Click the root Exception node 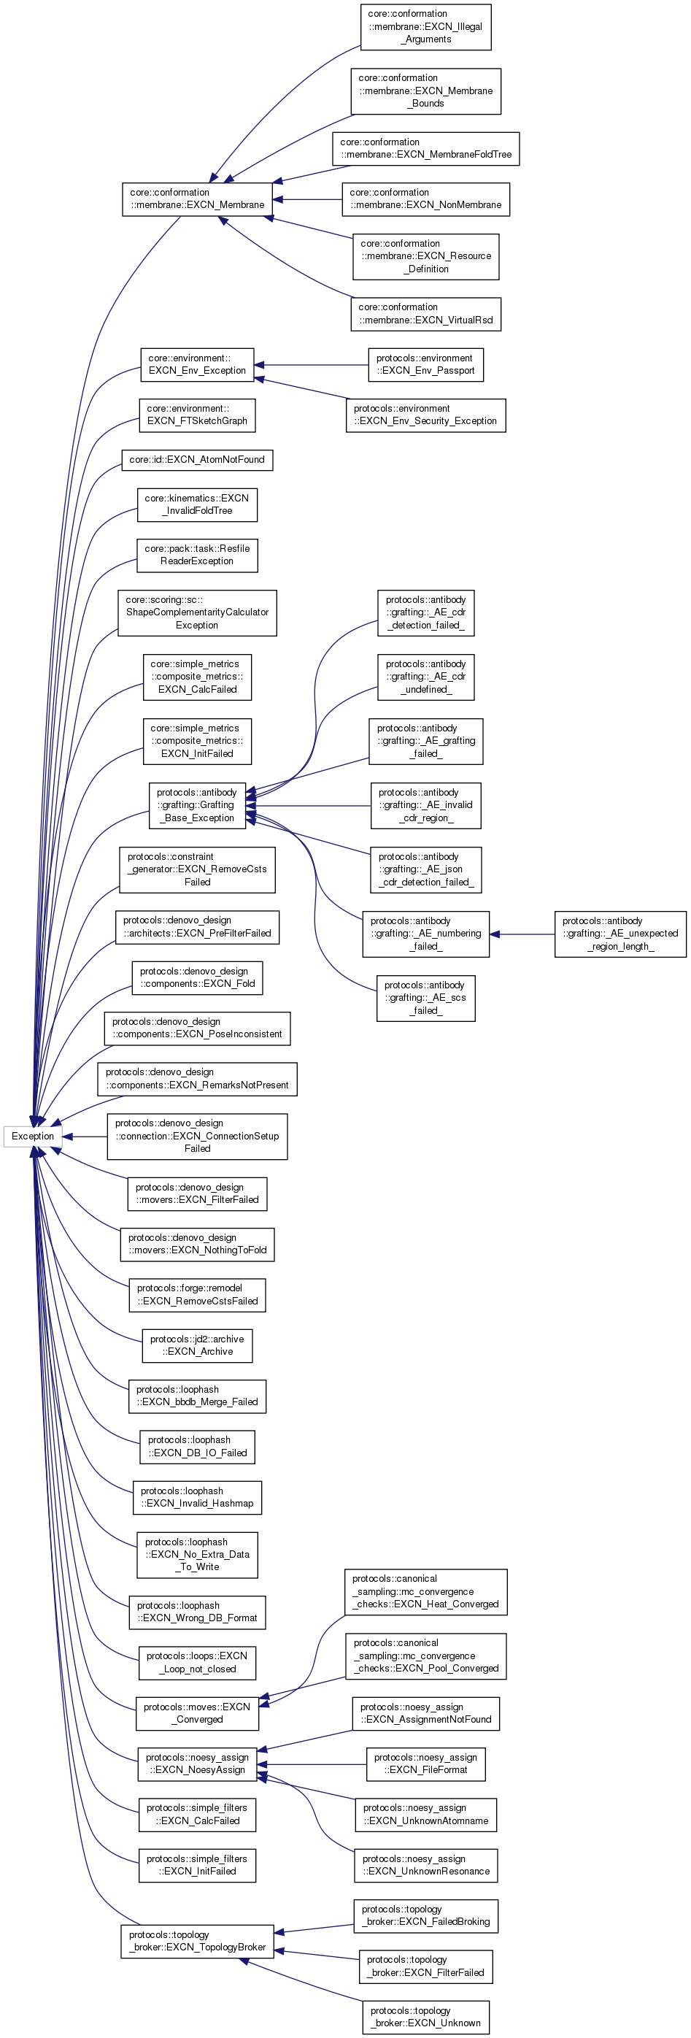[32, 1136]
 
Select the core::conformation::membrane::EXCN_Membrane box [197, 199]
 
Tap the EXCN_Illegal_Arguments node [425, 27]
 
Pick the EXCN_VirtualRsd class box [425, 314]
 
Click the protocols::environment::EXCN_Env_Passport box [425, 365]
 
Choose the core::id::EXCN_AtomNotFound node [197, 460]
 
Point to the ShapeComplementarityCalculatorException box [197, 612]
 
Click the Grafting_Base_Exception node [197, 805]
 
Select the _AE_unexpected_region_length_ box [619, 934]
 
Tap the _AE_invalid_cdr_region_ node [425, 805]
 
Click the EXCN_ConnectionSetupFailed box [197, 1136]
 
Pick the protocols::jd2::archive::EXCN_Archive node [197, 1346]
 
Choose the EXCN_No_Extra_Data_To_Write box [197, 1555]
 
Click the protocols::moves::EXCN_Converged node [197, 1713]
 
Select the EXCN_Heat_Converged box [425, 1592]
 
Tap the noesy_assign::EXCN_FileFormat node [425, 1764]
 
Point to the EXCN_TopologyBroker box [197, 1942]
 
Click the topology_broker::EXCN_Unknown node [425, 2018]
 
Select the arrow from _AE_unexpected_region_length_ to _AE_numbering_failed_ [522, 934]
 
